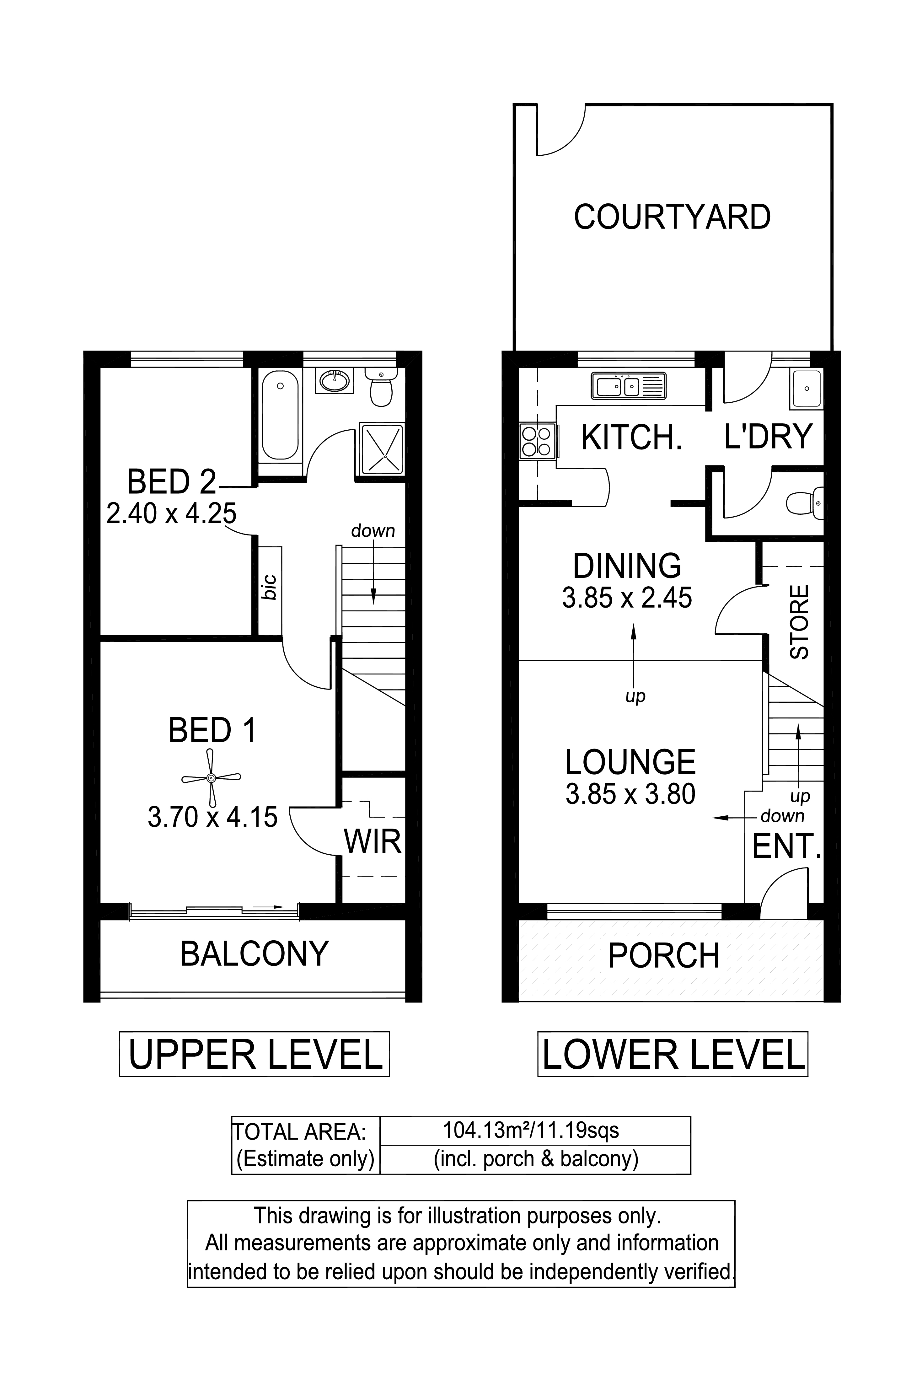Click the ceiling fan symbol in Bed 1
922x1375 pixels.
[211, 777]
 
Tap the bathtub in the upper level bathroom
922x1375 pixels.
[280, 415]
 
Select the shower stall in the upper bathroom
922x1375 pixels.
[380, 449]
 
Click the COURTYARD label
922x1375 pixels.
[672, 217]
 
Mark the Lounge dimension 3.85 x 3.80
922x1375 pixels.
[630, 794]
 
